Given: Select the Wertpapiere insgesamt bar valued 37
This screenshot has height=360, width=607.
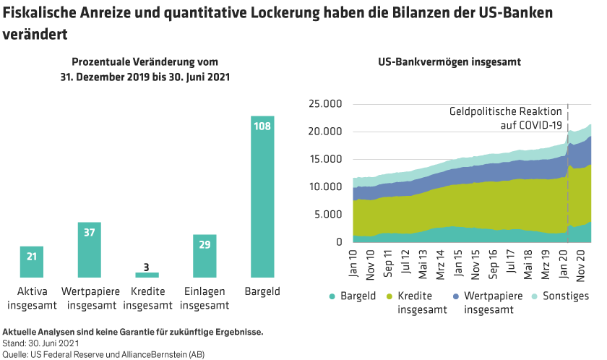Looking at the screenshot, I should [x=89, y=250].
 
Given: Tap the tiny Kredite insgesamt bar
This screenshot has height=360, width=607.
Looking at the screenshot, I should [x=147, y=275].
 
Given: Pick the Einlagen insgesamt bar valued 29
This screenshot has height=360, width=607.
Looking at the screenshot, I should [x=205, y=256].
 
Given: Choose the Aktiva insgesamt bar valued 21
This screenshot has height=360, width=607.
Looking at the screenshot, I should [x=31, y=262].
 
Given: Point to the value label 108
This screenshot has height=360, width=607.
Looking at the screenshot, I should [x=262, y=127].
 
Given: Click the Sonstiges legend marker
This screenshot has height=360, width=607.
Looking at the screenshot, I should [x=538, y=296].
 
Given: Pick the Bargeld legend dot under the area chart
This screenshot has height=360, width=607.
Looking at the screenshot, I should [x=332, y=296].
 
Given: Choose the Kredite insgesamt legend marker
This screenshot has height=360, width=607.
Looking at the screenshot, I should [x=391, y=296].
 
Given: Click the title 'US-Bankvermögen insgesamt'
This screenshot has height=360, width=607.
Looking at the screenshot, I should [x=449, y=62].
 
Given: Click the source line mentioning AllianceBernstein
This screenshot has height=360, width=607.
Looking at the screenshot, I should [x=106, y=354].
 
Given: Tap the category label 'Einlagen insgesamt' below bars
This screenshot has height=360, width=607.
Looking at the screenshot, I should [x=205, y=298].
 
